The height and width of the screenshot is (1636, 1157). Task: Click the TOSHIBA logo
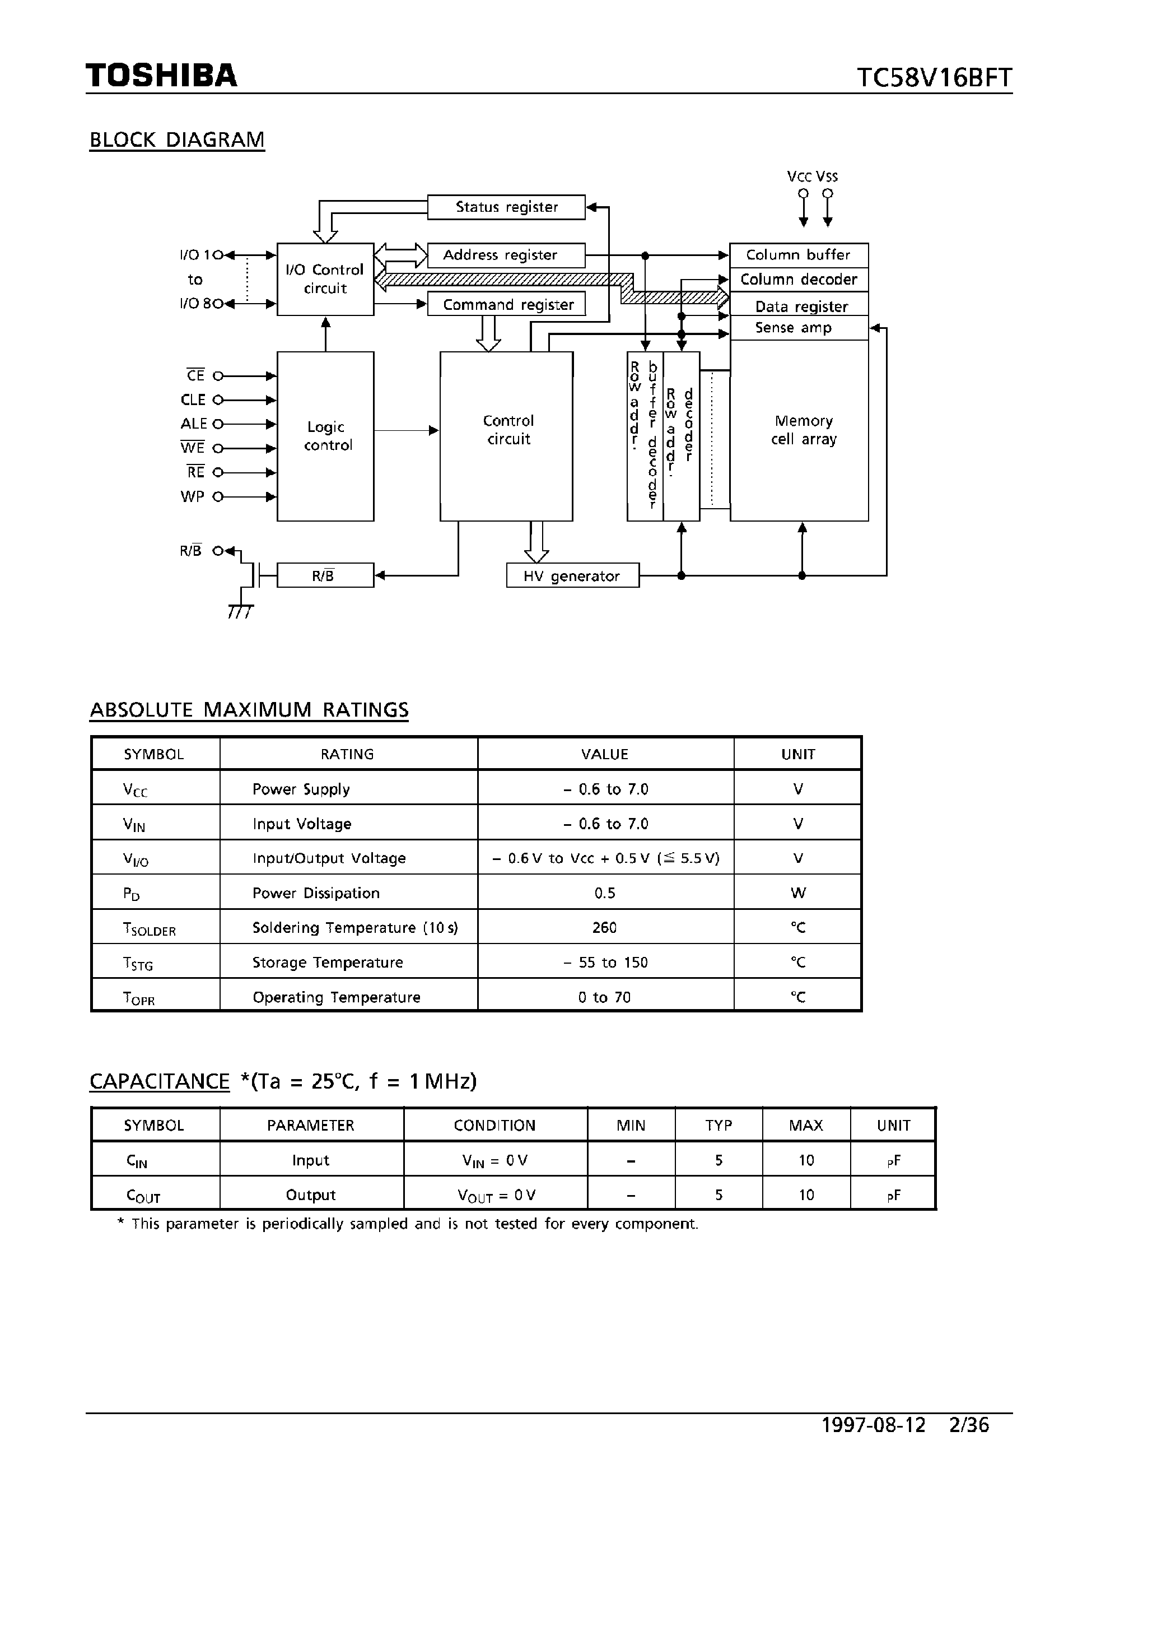161,76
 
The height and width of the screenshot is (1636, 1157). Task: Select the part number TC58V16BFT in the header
934,78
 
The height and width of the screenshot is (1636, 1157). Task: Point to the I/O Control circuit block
325,280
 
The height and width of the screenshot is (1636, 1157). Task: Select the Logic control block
325,436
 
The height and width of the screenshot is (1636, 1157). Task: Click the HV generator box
572,576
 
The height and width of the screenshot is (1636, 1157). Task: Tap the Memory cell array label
803,430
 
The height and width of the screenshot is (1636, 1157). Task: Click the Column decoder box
799,280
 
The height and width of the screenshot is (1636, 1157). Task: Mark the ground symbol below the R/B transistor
240,611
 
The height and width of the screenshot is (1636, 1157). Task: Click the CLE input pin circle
218,401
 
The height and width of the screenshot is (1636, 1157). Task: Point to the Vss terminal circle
827,194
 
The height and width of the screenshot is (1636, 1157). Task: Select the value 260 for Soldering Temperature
604,928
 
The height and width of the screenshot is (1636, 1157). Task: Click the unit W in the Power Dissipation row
798,893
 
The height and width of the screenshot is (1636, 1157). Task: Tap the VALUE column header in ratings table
604,754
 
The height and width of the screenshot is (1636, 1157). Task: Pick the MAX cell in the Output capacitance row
806,1195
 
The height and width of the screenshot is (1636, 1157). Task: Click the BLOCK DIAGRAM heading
176,140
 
